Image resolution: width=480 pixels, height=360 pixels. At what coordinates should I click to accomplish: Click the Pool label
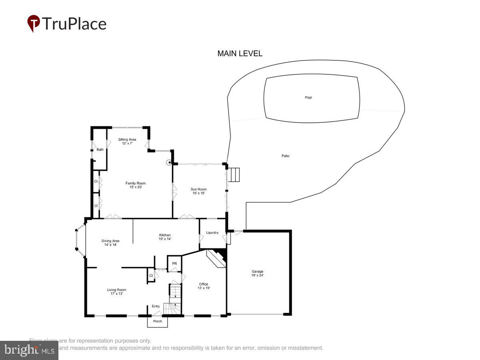308,98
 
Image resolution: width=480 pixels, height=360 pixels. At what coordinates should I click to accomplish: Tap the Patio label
285,156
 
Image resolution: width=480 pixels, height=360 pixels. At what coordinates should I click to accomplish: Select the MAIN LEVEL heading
240,54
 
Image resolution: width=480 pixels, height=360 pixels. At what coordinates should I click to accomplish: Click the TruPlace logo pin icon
33,24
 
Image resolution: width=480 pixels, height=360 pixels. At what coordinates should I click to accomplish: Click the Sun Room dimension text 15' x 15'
199,194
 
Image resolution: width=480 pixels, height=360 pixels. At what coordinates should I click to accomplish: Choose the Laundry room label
212,233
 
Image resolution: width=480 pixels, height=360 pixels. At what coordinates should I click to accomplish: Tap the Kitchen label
165,235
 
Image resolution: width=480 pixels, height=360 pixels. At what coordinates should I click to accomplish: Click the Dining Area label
110,241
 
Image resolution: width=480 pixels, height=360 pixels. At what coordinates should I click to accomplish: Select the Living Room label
116,290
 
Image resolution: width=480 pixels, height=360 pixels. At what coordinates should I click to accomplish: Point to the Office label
204,284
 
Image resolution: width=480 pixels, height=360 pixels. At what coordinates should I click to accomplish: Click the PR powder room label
174,264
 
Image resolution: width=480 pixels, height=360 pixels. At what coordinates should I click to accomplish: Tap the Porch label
158,321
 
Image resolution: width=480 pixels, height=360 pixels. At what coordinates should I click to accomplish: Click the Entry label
156,306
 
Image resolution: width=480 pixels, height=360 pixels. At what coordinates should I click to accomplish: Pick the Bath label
100,150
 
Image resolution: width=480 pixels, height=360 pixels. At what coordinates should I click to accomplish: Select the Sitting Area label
127,140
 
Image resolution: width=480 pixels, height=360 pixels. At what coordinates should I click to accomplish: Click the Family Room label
136,183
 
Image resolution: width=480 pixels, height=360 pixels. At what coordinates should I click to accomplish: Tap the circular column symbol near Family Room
169,163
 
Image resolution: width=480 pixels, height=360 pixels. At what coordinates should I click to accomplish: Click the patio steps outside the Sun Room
234,175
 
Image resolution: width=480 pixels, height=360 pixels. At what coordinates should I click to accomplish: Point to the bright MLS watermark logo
29,350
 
